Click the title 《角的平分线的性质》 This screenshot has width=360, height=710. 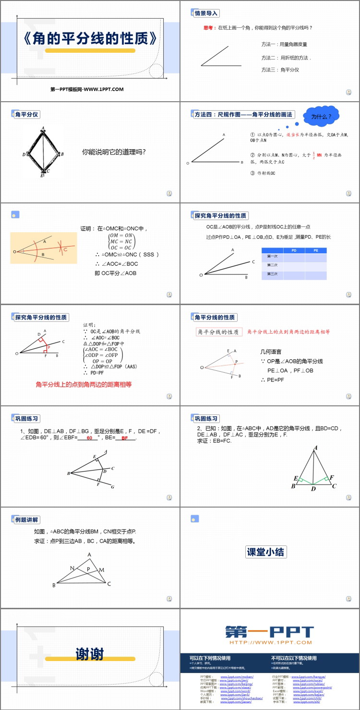pyautogui.click(x=90, y=38)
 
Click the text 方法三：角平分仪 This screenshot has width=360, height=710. pyautogui.click(x=280, y=70)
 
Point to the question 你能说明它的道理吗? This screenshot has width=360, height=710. pyautogui.click(x=114, y=152)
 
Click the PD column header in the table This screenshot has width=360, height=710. pyautogui.click(x=294, y=250)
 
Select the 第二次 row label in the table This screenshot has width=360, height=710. pyautogui.click(x=272, y=265)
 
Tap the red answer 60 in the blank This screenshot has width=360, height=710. pyautogui.click(x=89, y=438)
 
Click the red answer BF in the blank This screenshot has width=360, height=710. pyautogui.click(x=125, y=438)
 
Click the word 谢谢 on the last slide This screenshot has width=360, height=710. pyautogui.click(x=90, y=653)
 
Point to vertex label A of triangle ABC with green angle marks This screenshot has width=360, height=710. pyautogui.click(x=315, y=448)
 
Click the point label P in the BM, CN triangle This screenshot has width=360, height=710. pyautogui.click(x=88, y=569)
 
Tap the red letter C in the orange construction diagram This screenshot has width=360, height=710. pyautogui.click(x=66, y=249)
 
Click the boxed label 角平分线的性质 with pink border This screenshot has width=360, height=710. pyautogui.click(x=218, y=332)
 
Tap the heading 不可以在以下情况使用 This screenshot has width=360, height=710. pyautogui.click(x=294, y=658)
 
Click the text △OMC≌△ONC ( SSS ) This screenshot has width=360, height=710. pyautogui.click(x=127, y=254)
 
